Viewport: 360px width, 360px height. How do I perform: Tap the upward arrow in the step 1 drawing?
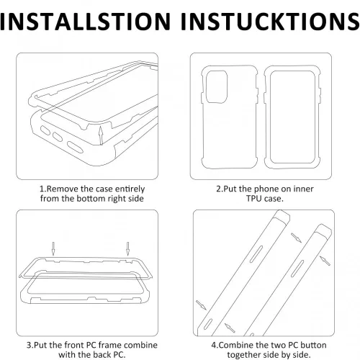[102, 135]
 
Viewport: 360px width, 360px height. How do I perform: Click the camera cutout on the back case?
[217, 87]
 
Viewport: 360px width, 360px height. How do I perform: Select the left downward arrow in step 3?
[53, 248]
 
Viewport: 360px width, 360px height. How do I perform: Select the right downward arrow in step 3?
[127, 248]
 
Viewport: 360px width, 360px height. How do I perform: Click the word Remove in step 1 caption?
[63, 189]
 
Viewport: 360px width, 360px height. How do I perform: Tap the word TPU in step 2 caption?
[254, 199]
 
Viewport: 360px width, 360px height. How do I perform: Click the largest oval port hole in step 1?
[75, 147]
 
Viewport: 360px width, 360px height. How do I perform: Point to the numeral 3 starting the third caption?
[29, 345]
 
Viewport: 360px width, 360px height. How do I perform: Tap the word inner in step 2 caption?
[303, 189]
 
